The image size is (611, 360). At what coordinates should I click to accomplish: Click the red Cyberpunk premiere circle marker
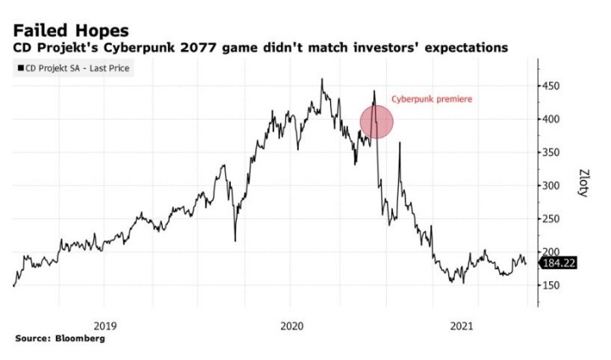tap(377, 121)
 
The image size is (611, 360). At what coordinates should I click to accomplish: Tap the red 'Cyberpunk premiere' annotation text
tap(431, 99)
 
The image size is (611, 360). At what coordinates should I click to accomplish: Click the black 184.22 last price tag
tap(560, 263)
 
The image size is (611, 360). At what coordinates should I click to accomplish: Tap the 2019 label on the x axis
tap(104, 325)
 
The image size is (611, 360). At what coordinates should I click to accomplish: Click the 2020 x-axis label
tap(291, 325)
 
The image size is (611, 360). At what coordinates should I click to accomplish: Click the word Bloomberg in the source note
tap(81, 339)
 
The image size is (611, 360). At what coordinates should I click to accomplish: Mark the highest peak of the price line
tap(322, 79)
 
